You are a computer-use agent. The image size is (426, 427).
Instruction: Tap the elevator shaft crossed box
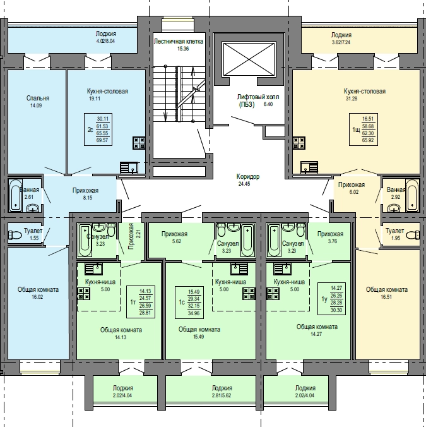(249, 59)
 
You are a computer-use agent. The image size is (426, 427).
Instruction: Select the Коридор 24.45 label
(248, 180)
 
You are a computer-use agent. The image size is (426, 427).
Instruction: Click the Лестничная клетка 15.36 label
(179, 45)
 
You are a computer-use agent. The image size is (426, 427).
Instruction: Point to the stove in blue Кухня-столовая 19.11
(139, 143)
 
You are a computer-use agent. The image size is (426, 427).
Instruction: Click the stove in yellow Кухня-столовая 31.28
(299, 143)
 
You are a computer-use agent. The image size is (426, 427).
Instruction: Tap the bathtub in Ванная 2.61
(15, 195)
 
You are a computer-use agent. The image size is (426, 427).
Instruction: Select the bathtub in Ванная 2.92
(412, 195)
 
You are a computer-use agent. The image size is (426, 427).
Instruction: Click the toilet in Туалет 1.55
(15, 235)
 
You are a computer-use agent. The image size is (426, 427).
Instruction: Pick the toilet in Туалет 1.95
(413, 235)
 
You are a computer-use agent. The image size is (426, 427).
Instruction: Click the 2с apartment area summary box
(98, 129)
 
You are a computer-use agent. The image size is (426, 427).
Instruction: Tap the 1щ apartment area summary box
(363, 129)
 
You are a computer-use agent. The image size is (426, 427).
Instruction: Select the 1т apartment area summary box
(141, 302)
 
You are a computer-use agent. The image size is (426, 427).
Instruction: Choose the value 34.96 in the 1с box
(194, 313)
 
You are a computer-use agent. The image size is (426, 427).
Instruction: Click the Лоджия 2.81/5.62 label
(222, 392)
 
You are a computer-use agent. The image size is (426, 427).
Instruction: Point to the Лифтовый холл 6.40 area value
(268, 104)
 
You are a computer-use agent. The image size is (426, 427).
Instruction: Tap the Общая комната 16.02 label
(38, 292)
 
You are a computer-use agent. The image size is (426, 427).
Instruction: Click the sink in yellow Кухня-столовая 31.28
(309, 167)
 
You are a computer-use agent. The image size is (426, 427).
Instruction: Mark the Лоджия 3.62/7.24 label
(341, 39)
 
